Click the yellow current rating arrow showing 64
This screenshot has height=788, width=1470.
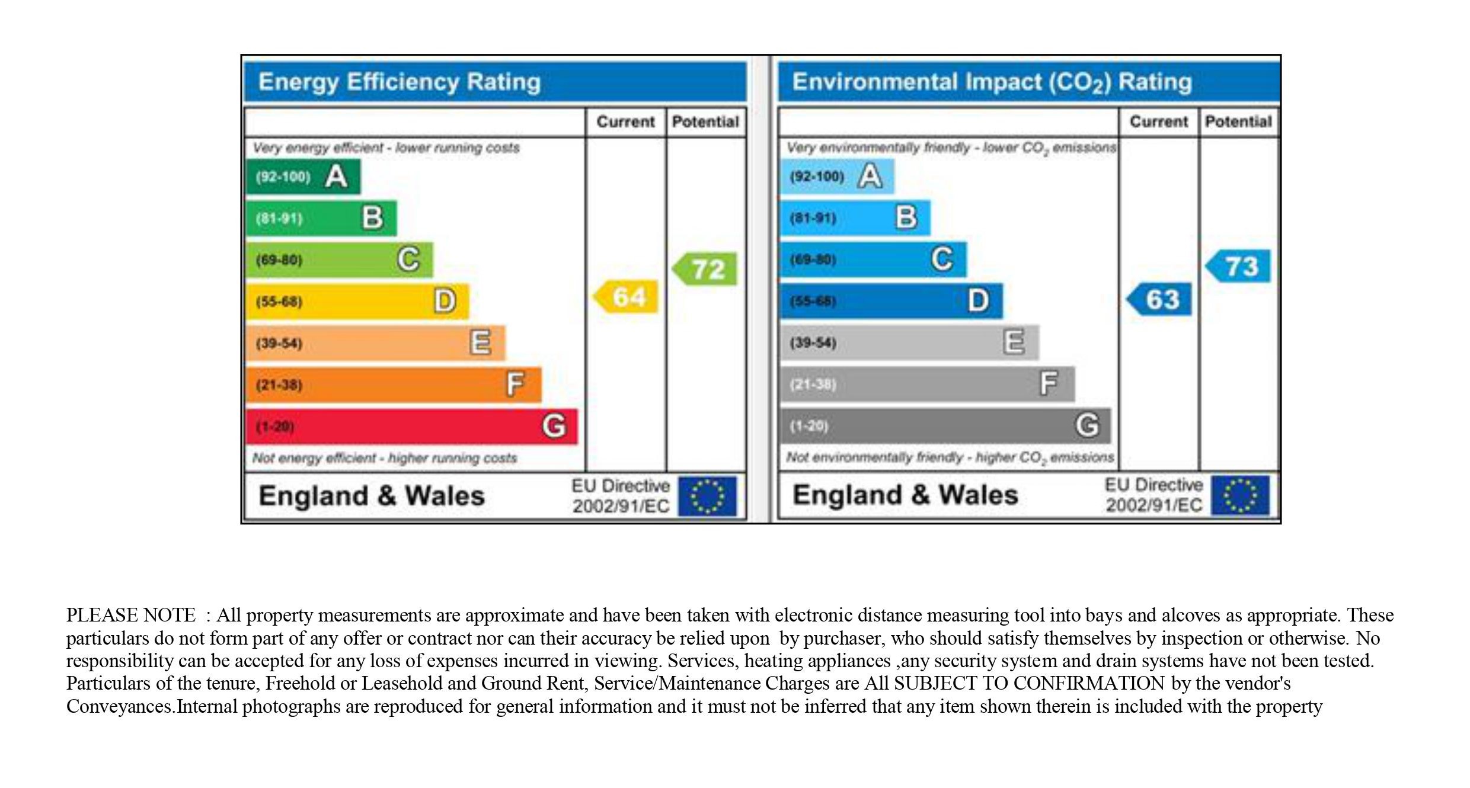[x=627, y=296]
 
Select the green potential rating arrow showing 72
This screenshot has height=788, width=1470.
[x=705, y=269]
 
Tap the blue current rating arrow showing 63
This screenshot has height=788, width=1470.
[x=1160, y=299]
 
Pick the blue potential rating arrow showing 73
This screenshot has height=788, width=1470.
[x=1239, y=266]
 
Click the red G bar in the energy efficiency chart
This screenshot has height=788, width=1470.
[x=411, y=426]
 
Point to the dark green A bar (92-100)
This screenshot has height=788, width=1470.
[x=303, y=176]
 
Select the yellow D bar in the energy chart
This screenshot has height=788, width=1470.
[x=357, y=301]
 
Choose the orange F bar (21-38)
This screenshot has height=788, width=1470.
[x=394, y=385]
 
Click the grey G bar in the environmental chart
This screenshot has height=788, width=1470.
[x=945, y=425]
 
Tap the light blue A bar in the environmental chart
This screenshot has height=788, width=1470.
[x=836, y=176]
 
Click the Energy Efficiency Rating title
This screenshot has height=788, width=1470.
[x=400, y=82]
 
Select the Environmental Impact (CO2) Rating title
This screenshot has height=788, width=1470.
[x=992, y=82]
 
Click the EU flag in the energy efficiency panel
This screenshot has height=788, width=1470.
[x=707, y=496]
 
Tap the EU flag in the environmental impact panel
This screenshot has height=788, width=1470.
[x=1240, y=495]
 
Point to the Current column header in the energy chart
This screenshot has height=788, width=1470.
[x=625, y=122]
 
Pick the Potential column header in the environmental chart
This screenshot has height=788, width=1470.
[x=1238, y=122]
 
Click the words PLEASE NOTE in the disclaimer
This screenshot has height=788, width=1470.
[x=130, y=615]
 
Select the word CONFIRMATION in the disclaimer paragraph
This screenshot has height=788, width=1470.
[x=1089, y=683]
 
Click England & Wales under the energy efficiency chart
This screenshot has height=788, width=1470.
[x=372, y=496]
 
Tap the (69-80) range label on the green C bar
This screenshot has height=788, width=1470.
[x=279, y=260]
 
